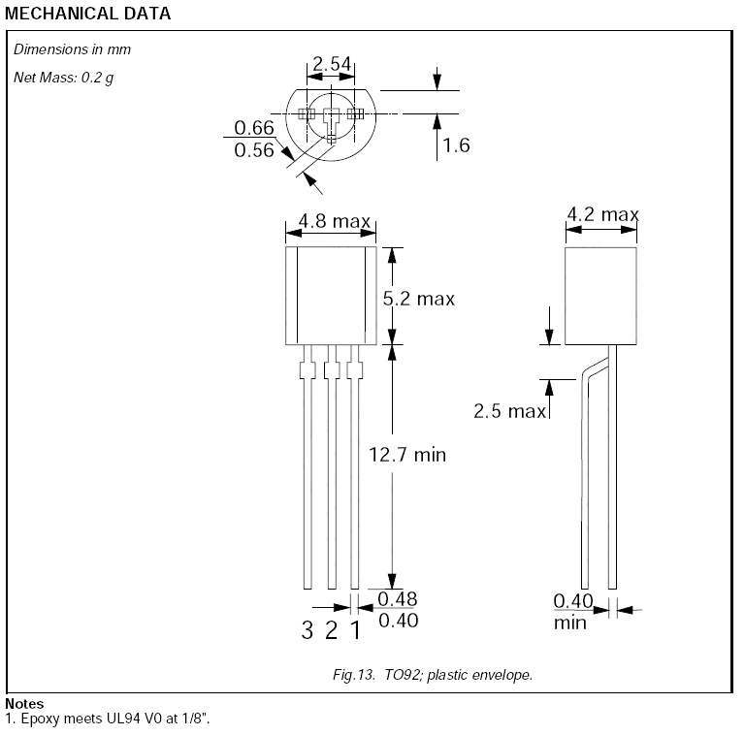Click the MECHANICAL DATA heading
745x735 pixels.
[88, 14]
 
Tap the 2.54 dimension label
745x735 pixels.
[332, 64]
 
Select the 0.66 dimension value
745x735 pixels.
[254, 128]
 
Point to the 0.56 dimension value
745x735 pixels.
[254, 150]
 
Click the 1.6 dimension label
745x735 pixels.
[456, 145]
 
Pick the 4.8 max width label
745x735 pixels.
[335, 221]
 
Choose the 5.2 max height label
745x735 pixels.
[419, 299]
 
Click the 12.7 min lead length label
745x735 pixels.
[407, 455]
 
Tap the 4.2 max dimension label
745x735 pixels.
[602, 214]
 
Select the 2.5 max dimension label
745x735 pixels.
[510, 411]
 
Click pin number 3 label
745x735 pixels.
[307, 630]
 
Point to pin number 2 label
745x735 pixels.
[331, 630]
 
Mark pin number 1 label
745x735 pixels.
[355, 630]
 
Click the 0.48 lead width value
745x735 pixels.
[398, 599]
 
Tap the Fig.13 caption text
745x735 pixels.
[433, 675]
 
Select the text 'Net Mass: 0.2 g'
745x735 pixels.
[64, 78]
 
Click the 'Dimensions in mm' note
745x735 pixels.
[72, 49]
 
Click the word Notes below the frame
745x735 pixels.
[24, 704]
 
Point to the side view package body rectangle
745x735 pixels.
[600, 296]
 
